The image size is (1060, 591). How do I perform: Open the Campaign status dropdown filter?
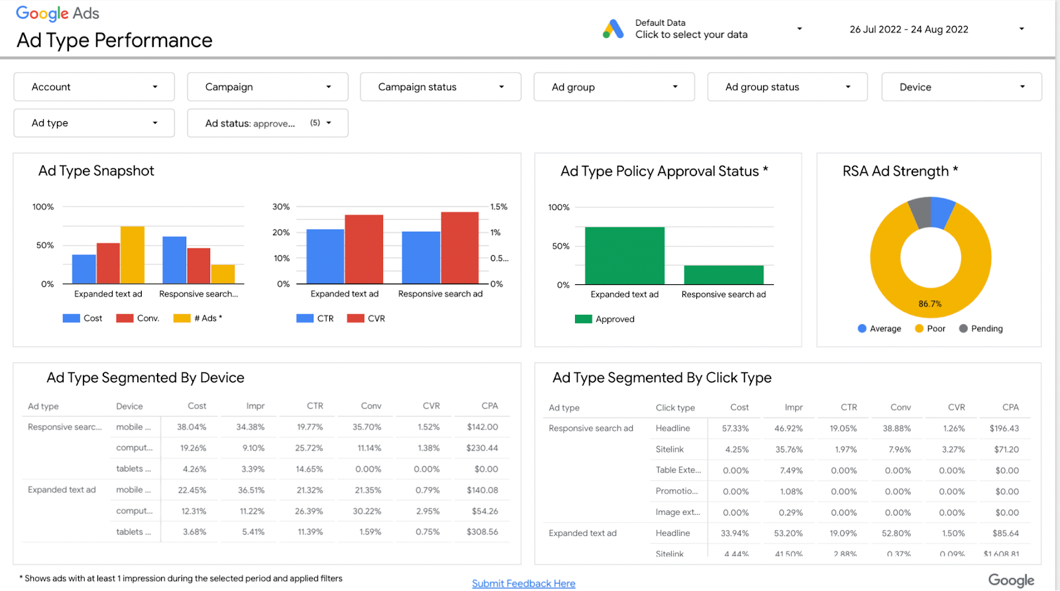point(441,87)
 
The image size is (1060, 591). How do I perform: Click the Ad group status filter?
point(787,87)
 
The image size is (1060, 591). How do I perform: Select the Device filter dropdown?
point(961,87)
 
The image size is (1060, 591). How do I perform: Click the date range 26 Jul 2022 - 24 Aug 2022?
point(909,29)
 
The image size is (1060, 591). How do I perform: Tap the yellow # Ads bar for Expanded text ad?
point(132,255)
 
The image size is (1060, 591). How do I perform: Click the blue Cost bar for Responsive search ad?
point(174,260)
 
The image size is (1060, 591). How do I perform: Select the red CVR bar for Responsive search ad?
point(460,248)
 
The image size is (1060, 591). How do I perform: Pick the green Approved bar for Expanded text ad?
point(625,256)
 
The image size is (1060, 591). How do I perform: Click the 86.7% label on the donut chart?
point(930,304)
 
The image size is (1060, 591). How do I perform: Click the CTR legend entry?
point(316,319)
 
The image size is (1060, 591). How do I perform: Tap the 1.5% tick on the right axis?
point(499,207)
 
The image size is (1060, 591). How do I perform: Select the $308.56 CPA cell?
point(482,532)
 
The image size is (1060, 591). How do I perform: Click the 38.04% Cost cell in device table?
point(191,427)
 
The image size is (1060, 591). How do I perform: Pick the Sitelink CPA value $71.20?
point(1006,449)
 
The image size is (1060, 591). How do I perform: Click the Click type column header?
point(675,407)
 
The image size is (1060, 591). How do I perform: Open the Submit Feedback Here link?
point(523,583)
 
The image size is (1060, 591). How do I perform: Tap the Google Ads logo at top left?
point(58,13)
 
